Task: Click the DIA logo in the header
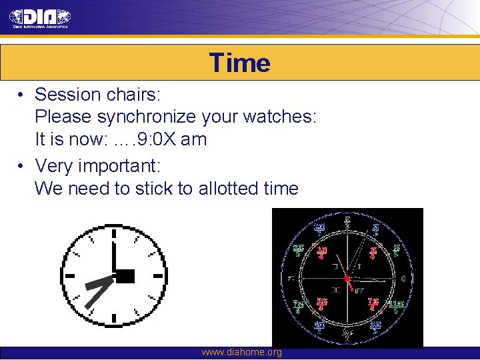click(41, 18)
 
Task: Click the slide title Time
click(239, 63)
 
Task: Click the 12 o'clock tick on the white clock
click(114, 234)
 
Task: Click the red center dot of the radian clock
click(347, 277)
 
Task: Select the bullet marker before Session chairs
click(22, 95)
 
